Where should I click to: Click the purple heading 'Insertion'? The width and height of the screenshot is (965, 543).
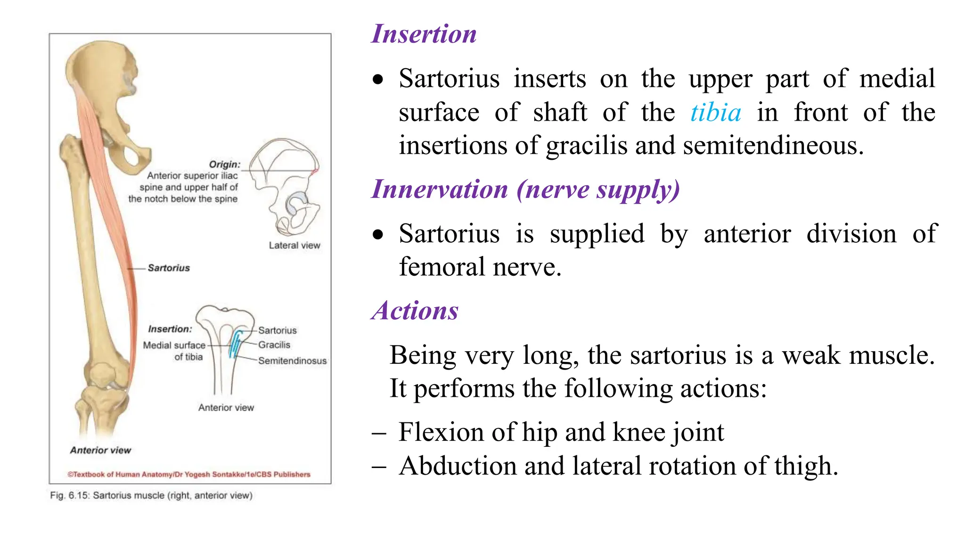pyautogui.click(x=424, y=34)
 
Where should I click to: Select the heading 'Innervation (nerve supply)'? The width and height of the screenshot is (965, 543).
pyautogui.click(x=525, y=189)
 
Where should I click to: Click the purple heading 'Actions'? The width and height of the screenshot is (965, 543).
pyautogui.click(x=415, y=311)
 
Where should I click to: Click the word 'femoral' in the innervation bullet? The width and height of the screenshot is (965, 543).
pyautogui.click(x=442, y=267)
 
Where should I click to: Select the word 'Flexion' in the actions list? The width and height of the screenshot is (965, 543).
pyautogui.click(x=441, y=432)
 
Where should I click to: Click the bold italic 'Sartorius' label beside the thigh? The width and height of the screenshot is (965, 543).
pyautogui.click(x=169, y=268)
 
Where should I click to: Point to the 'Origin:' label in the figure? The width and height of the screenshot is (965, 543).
pyautogui.click(x=225, y=165)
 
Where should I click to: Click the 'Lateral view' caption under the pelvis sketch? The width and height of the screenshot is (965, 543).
pyautogui.click(x=294, y=246)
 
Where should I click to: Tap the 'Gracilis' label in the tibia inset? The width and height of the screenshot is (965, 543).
pyautogui.click(x=274, y=345)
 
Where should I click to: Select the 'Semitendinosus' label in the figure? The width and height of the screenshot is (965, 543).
pyautogui.click(x=292, y=361)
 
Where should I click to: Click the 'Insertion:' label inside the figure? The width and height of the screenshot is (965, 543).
pyautogui.click(x=170, y=329)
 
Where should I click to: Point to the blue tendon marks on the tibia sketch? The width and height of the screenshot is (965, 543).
pyautogui.click(x=235, y=344)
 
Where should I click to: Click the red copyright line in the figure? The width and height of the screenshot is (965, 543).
pyautogui.click(x=189, y=475)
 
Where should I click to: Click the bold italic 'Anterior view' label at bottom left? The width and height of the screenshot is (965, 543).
pyautogui.click(x=100, y=451)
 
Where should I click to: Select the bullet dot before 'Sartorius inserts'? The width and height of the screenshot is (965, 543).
pyautogui.click(x=378, y=80)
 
